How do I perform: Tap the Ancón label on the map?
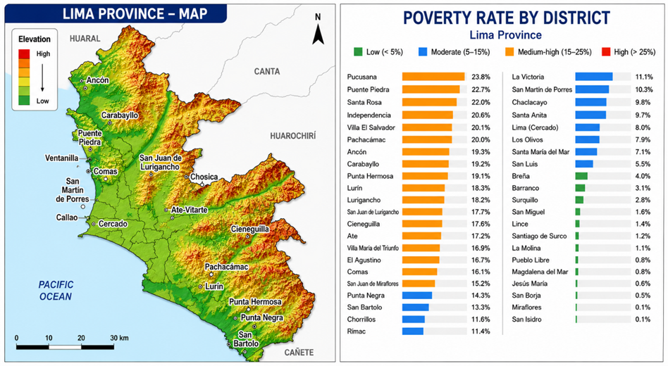97,80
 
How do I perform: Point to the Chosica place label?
204,177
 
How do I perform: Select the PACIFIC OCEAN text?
56,291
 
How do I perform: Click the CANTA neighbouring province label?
267,72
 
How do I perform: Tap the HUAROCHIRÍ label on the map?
293,136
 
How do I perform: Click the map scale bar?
66,347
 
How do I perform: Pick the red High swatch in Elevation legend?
24,54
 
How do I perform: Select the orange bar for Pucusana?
433,77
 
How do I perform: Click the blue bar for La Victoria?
594,77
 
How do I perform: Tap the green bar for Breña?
581,176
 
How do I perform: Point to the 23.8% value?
481,77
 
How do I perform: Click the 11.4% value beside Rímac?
481,332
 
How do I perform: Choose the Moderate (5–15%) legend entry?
454,52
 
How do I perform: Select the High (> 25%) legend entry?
629,52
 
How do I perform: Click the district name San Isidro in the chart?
526,320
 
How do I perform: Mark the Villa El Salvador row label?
371,127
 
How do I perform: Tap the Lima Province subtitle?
506,35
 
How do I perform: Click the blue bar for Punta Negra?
417,296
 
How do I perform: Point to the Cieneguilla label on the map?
250,229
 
